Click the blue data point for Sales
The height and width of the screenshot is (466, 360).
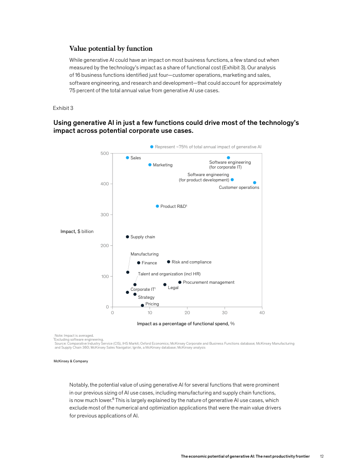point(127,158)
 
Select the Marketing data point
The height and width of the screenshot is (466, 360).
point(150,165)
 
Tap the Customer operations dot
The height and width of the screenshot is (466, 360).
point(255,183)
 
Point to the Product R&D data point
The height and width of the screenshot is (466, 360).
point(157,206)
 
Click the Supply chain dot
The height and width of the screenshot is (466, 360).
point(127,237)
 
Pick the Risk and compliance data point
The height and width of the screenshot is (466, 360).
point(169,262)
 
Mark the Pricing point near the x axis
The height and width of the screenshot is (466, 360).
point(142,305)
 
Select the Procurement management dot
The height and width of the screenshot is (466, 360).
point(180,282)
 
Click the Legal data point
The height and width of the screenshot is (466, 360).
point(165,285)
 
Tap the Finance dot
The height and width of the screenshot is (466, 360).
point(139,263)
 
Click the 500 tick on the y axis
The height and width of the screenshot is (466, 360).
point(104,154)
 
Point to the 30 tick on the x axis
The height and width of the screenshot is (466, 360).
point(225,313)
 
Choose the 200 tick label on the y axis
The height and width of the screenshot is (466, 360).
point(104,245)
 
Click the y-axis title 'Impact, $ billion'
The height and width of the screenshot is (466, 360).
point(77,231)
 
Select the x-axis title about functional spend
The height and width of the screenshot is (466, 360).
point(185,323)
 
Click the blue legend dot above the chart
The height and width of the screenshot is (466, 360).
point(152,147)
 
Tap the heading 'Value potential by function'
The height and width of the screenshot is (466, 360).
point(111,49)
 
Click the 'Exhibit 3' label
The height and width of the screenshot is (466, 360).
point(63,108)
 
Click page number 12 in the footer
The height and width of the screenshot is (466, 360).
point(322,456)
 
